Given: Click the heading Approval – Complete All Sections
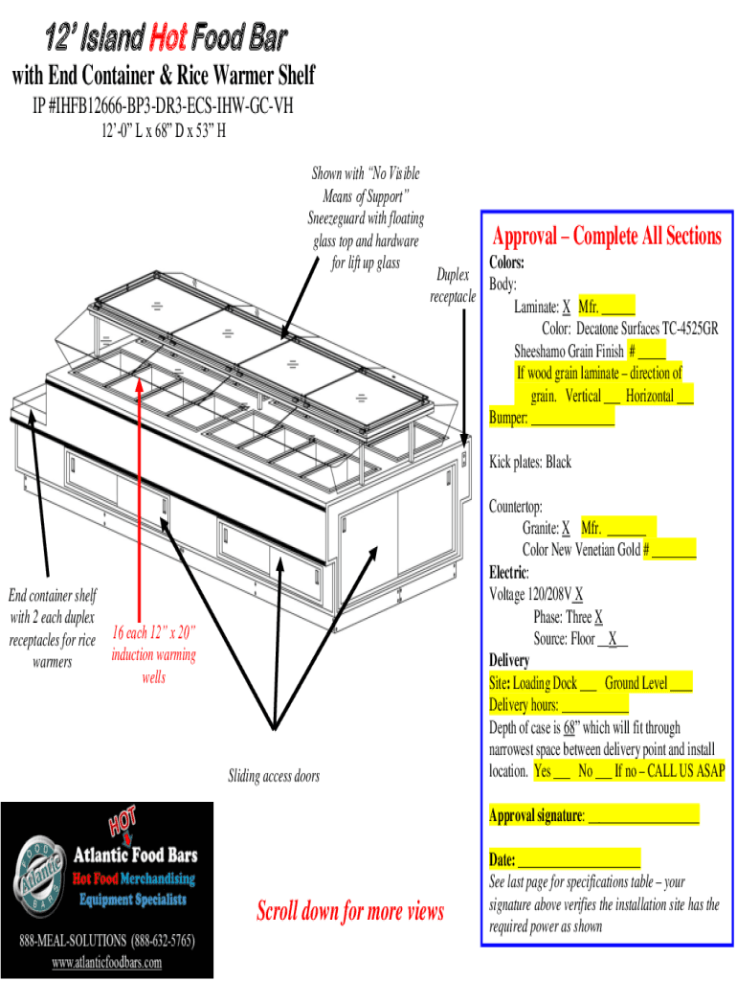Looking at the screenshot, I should pos(607,237).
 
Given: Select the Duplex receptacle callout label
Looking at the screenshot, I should pos(453,285).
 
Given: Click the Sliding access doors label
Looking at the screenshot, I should pos(273,776).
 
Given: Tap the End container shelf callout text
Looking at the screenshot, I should pos(53,628).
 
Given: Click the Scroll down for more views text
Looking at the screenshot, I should pos(349,911).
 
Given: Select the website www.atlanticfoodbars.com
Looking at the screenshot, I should pos(106,963).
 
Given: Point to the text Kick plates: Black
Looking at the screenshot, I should pos(530,463).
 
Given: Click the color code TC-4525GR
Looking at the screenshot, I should pos(683,330).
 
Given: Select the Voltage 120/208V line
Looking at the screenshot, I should pos(536,595).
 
